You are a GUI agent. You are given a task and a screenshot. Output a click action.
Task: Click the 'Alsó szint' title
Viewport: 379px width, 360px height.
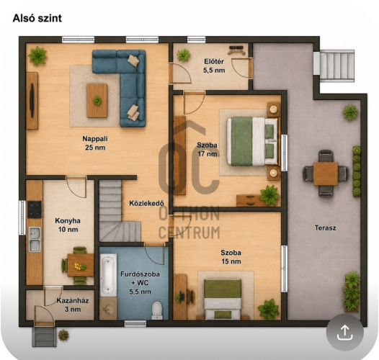click(37, 18)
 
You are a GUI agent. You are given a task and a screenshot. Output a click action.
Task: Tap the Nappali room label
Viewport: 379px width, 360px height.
click(95, 143)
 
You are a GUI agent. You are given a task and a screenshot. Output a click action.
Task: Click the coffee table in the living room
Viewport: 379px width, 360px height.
click(97, 101)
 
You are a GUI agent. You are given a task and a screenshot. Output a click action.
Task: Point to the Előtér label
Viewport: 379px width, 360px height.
click(214, 66)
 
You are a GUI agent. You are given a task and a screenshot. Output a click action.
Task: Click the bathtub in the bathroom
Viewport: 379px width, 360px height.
click(108, 275)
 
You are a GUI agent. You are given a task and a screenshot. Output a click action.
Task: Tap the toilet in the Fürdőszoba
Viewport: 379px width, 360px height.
click(157, 310)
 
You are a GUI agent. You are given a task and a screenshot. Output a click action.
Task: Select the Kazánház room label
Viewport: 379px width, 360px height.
click(73, 305)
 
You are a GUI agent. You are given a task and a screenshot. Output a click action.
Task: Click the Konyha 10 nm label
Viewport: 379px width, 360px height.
click(68, 225)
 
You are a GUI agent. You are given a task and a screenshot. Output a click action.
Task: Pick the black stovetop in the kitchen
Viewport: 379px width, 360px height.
click(35, 210)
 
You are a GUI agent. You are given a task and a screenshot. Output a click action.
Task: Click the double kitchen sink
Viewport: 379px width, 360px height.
click(35, 239)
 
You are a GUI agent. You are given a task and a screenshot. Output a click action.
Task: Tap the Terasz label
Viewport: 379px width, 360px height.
click(326, 228)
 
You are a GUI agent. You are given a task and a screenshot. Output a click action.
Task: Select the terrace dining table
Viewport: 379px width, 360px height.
click(326, 174)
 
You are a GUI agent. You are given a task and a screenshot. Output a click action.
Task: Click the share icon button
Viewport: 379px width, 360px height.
click(344, 332)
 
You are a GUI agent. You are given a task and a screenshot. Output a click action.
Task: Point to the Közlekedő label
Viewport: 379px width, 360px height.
click(147, 203)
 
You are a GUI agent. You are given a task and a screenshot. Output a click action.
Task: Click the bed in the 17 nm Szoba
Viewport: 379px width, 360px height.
click(252, 141)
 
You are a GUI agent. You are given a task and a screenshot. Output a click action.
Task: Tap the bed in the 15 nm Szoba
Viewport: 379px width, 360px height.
click(223, 299)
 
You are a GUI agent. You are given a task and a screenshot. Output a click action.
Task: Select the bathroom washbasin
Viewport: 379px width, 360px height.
click(108, 309)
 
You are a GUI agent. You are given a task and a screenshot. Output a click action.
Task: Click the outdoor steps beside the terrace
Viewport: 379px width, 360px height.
click(334, 65)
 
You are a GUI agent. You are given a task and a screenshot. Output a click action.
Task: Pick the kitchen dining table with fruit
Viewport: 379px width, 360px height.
click(80, 265)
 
